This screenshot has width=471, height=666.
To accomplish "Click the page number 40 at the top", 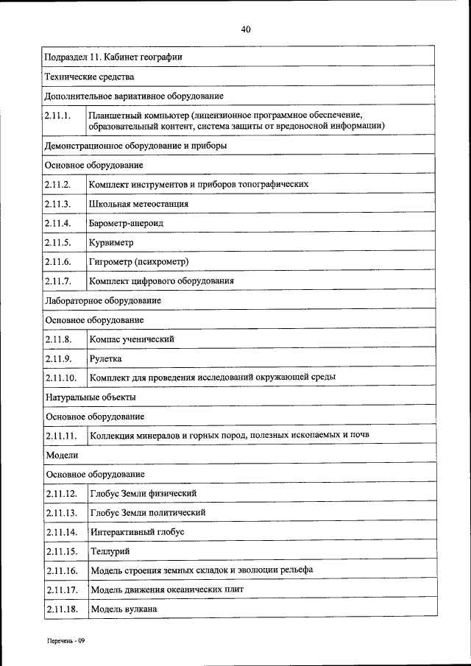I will click(x=246, y=29).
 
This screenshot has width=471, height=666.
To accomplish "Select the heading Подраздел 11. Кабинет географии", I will click(x=114, y=57).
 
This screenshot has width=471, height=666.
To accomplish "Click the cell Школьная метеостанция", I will click(x=138, y=204).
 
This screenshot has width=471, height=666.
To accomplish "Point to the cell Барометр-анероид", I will click(x=126, y=223).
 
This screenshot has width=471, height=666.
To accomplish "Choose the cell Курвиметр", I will click(x=112, y=242).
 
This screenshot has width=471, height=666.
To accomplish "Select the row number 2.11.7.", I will click(x=57, y=281).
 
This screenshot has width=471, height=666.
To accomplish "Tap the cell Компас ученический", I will click(x=132, y=339).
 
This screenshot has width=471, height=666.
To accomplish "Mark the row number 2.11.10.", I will click(x=60, y=378).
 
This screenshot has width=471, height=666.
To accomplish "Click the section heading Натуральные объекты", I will click(x=91, y=397).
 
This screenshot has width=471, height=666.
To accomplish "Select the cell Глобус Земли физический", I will click(x=143, y=493).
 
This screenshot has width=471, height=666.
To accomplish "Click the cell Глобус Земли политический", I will click(x=147, y=512).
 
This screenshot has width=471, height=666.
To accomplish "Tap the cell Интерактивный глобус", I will click(x=137, y=531).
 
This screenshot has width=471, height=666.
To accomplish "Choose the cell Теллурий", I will click(x=110, y=551).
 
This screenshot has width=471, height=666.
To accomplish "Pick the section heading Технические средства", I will click(x=89, y=77).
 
